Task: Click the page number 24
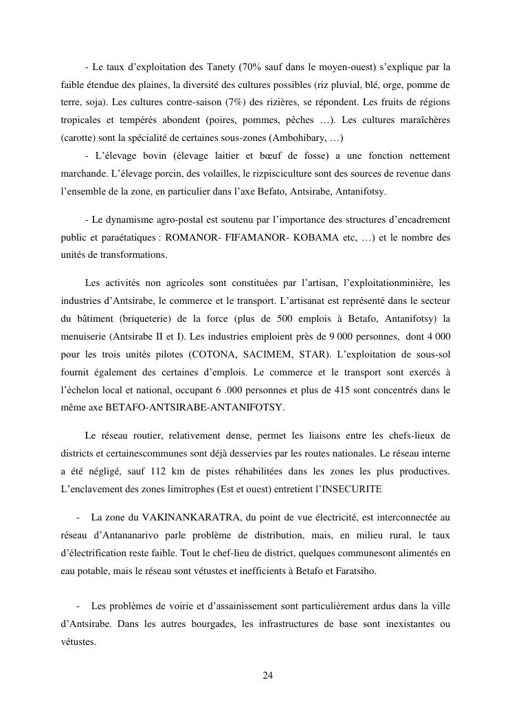click(268, 675)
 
